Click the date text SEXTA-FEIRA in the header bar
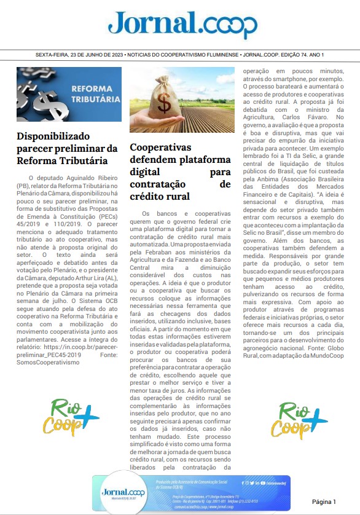click(x=55, y=55)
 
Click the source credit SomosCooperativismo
click(x=49, y=363)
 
